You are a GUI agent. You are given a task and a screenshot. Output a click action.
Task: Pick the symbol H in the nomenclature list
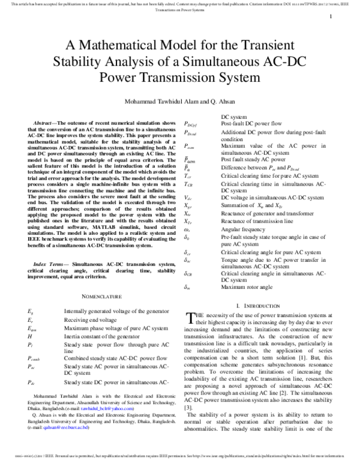[30, 337]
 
